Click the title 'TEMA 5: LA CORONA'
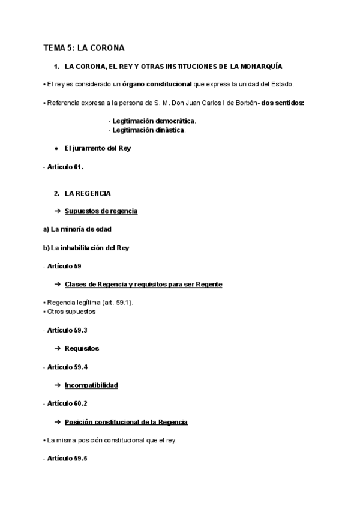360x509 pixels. (x=83, y=48)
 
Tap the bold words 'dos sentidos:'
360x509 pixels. (x=283, y=103)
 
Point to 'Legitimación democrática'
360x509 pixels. (x=154, y=121)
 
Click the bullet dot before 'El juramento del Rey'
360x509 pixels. (x=56, y=148)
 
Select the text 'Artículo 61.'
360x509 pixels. (x=65, y=167)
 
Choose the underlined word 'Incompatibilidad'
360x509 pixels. (x=91, y=385)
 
